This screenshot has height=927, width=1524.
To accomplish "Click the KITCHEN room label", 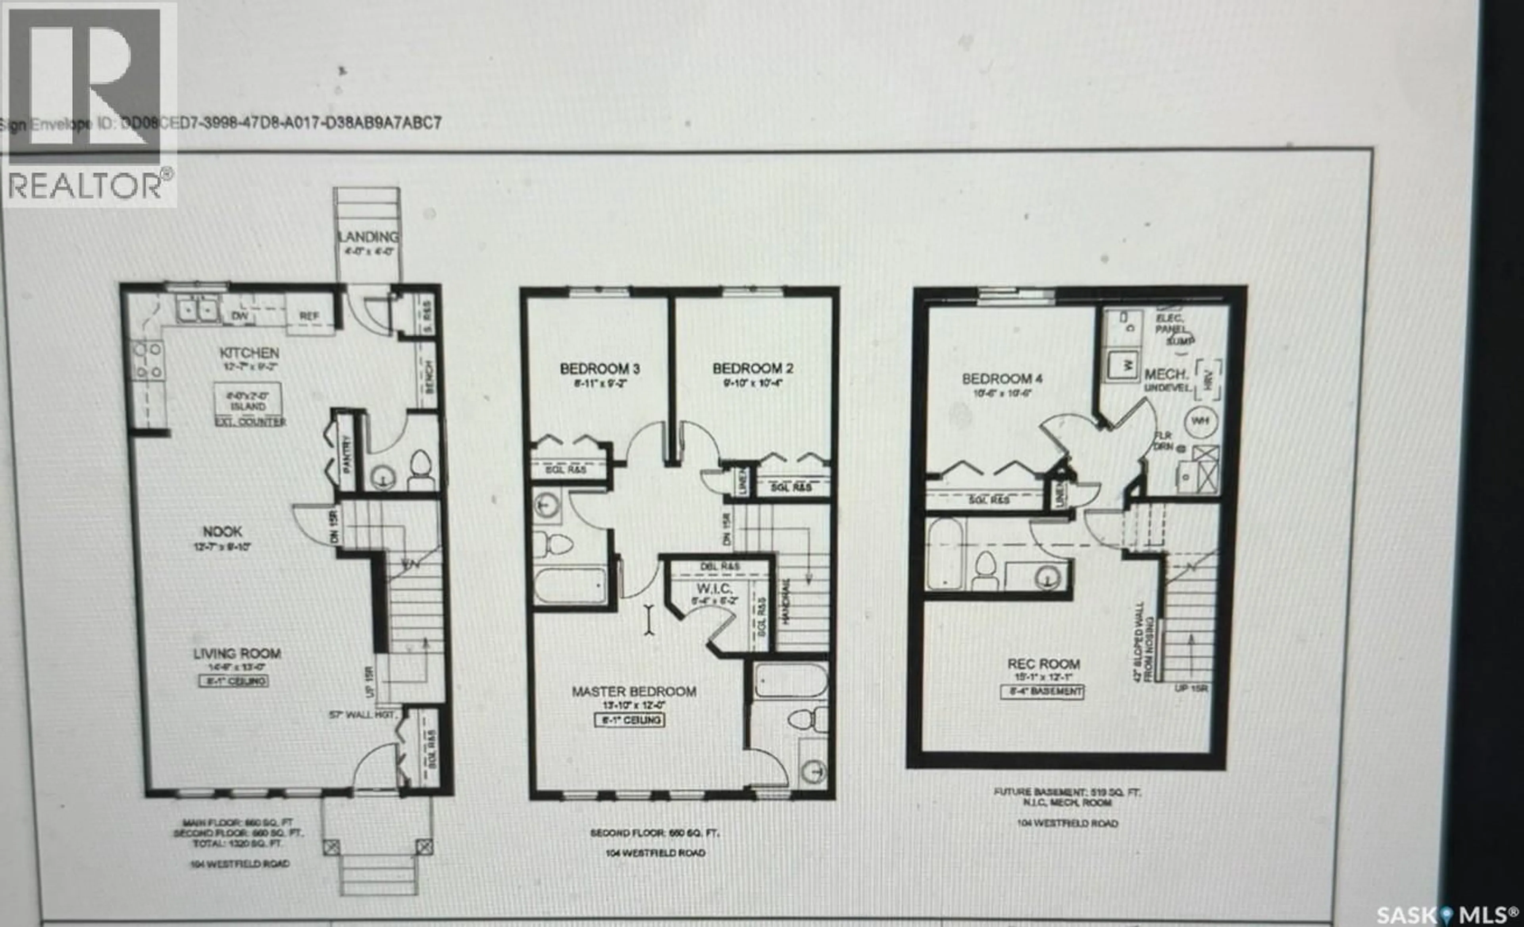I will click(x=249, y=353).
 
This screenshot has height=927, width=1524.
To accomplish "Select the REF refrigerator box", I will click(x=309, y=316).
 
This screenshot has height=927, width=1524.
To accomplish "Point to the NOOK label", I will click(x=223, y=531).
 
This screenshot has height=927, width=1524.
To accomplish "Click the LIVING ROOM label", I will click(x=237, y=653).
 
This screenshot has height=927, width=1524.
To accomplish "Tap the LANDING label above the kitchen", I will click(x=368, y=237).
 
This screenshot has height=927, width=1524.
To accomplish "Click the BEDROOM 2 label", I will click(x=753, y=368).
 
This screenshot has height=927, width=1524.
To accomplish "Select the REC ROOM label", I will click(x=1043, y=664).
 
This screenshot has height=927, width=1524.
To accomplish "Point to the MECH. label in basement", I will click(x=1166, y=375).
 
